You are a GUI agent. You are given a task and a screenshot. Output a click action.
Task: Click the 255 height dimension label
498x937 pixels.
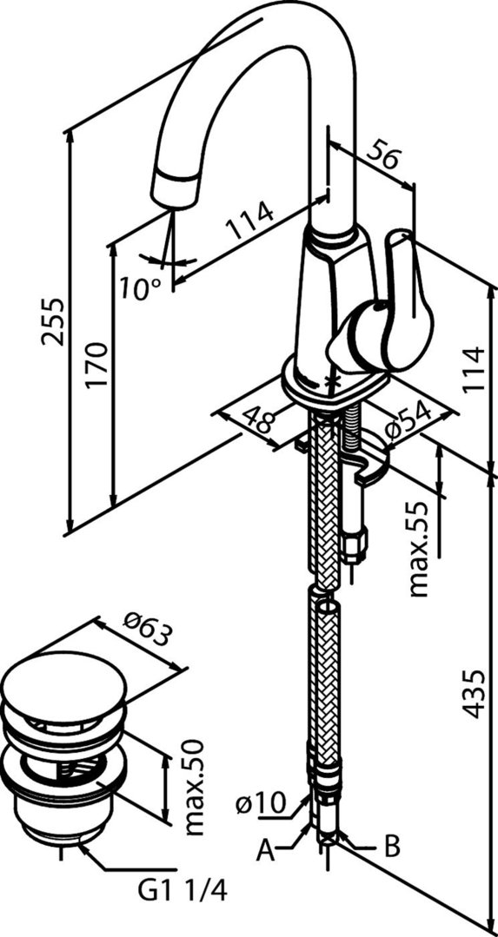(x=53, y=321)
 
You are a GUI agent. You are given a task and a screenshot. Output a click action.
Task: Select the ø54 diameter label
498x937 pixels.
(x=408, y=424)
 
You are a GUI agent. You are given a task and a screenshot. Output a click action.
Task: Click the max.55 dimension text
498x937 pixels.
(x=421, y=549)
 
